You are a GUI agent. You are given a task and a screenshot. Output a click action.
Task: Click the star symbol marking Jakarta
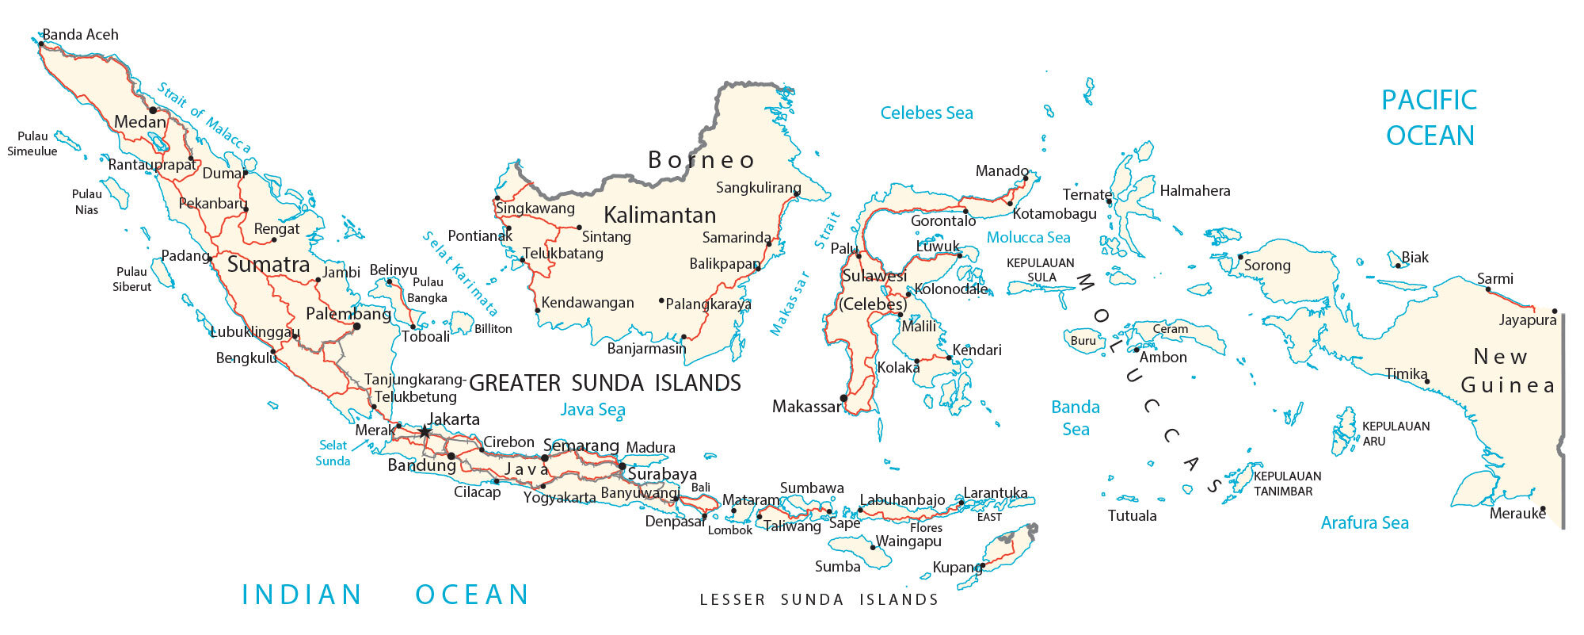tap(425, 431)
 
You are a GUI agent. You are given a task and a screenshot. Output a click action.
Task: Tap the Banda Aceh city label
tap(80, 35)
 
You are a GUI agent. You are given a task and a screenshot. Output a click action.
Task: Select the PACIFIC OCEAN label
tap(1430, 117)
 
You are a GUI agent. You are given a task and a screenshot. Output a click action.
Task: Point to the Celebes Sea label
tap(927, 113)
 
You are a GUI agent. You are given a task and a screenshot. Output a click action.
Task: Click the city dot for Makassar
tap(843, 398)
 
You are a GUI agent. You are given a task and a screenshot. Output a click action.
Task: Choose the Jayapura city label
tap(1528, 320)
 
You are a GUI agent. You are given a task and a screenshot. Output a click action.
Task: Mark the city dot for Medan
tap(153, 110)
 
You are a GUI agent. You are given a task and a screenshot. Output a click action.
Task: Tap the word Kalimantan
tap(660, 215)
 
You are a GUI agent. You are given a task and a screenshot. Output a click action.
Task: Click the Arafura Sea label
tap(1365, 522)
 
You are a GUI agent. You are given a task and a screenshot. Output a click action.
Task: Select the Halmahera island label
tap(1194, 191)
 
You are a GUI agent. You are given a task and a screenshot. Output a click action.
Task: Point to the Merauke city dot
tap(1543, 509)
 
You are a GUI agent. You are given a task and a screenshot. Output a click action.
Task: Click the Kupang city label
tap(957, 568)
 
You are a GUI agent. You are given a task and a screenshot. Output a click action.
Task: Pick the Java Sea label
tap(592, 410)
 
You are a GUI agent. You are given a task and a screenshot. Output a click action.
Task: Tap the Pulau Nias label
tap(86, 201)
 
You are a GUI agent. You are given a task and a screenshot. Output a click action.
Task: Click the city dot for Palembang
tap(356, 326)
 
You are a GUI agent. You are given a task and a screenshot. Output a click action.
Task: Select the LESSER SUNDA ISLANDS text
tap(819, 600)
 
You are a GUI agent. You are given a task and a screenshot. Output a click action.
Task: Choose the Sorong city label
tap(1267, 266)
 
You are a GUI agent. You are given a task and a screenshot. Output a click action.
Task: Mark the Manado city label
tap(1002, 171)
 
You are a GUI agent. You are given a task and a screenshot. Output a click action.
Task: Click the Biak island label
tap(1415, 258)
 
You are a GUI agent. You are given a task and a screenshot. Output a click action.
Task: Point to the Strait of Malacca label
tap(204, 118)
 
